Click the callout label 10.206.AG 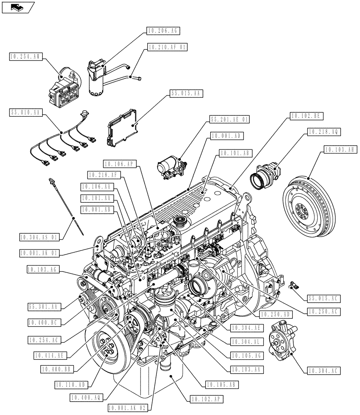coord(163,31)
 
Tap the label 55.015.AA coord(186,94)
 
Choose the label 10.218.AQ coord(324,132)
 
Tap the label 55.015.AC coord(323,297)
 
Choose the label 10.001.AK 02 coord(127,408)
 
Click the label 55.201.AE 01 coord(229,120)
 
